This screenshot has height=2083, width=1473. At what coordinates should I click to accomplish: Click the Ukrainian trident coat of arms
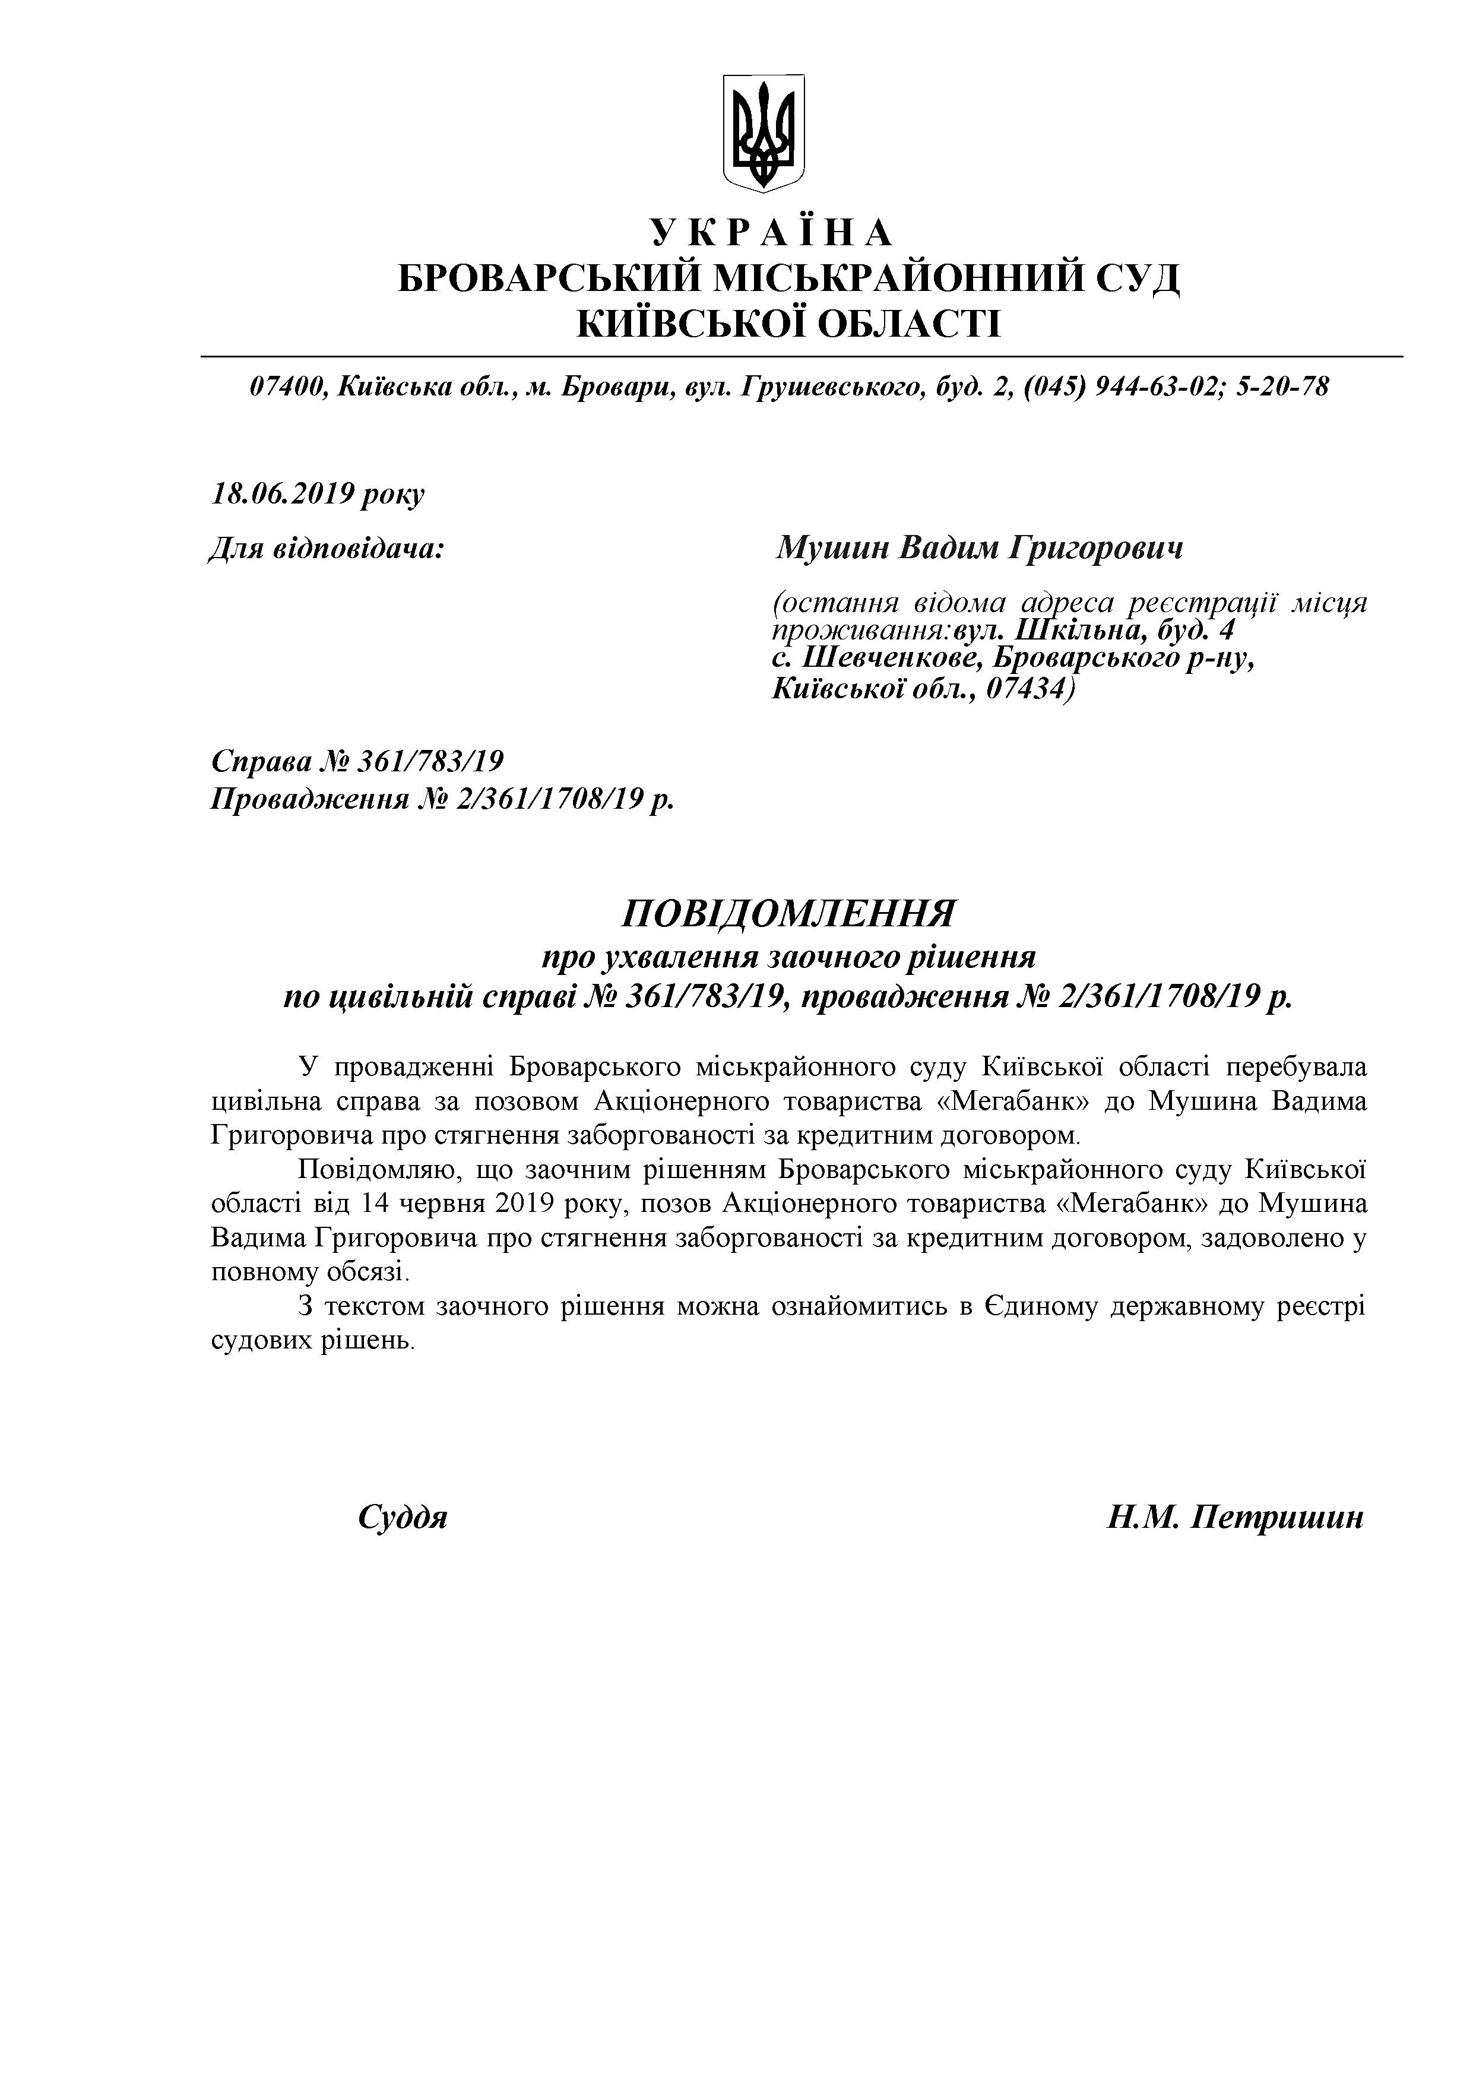tap(764, 132)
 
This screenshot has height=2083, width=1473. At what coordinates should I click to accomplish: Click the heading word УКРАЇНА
tap(772, 234)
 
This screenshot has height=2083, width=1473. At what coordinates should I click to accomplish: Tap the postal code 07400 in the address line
tap(287, 387)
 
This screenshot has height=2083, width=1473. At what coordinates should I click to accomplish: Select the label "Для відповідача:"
tap(327, 548)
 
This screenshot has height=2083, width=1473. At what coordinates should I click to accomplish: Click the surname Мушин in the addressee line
tap(830, 548)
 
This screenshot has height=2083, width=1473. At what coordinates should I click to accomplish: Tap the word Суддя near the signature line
tap(403, 1518)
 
